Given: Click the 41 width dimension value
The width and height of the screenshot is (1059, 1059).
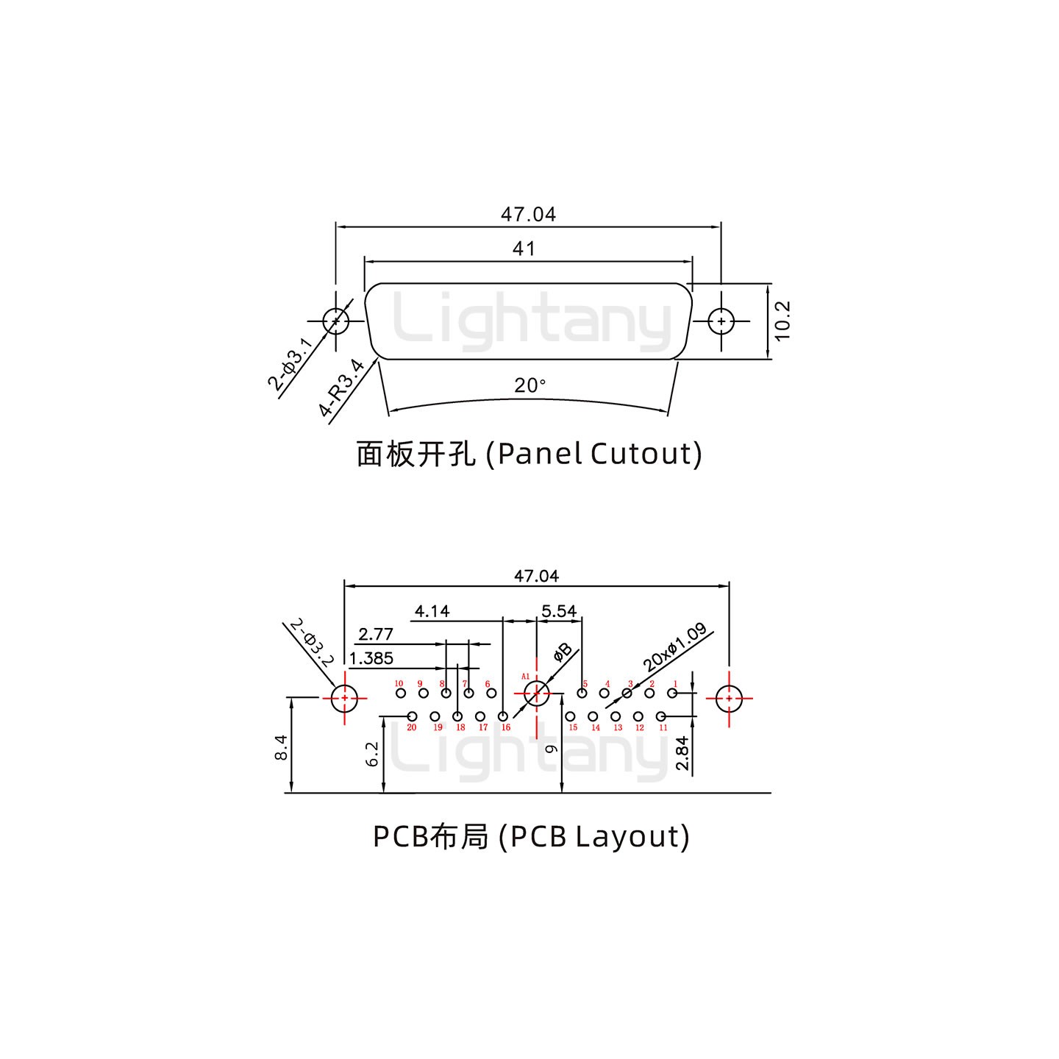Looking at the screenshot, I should (524, 249).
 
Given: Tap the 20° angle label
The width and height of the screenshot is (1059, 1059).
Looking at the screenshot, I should (529, 385).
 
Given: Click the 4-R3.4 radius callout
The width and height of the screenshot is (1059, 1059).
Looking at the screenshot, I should (343, 388).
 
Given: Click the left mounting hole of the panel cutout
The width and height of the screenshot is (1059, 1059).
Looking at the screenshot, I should (336, 321).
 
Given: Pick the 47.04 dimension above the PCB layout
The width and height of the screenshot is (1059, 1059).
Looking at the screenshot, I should (536, 576).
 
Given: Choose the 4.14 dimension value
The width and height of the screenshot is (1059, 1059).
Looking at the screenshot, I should (432, 611).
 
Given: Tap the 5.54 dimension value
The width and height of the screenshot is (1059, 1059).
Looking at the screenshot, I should (559, 611).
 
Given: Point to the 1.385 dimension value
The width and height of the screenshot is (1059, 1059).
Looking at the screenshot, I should (371, 658).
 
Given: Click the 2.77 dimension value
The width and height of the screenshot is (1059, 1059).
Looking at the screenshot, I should (376, 634).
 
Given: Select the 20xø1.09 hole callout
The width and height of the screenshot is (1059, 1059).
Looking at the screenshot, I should (675, 647).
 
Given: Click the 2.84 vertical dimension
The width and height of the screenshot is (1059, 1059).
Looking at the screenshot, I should (683, 754).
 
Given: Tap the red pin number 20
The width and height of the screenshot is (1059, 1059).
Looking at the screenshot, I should (412, 727).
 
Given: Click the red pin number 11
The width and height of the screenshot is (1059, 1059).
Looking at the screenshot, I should (663, 727).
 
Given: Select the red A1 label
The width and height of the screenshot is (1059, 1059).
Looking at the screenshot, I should (525, 676).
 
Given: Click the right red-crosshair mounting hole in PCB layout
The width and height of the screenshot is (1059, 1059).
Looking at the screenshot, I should (729, 699).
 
